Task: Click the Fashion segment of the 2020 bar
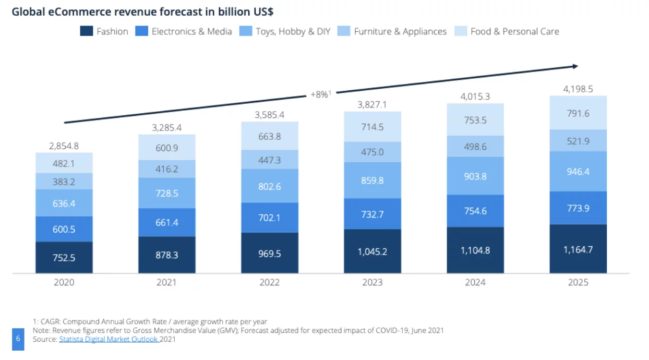coord(64,257)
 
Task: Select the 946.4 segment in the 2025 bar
coord(578,171)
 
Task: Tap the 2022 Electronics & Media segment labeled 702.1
coord(269,217)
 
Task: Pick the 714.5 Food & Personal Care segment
coord(372,127)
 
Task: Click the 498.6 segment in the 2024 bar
coord(475,147)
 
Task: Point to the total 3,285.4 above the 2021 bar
coord(166,127)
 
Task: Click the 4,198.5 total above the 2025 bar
coord(578,89)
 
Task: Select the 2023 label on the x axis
coord(372,282)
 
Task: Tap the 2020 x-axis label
coord(64,282)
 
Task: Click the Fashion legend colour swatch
coord(86,31)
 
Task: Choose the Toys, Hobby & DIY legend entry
coord(293,31)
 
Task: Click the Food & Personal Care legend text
coord(514,31)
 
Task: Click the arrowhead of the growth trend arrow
coord(575,66)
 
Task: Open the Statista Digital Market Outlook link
coord(109,339)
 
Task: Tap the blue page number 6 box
coord(18,339)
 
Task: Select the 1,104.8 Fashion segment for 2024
coord(475,250)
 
